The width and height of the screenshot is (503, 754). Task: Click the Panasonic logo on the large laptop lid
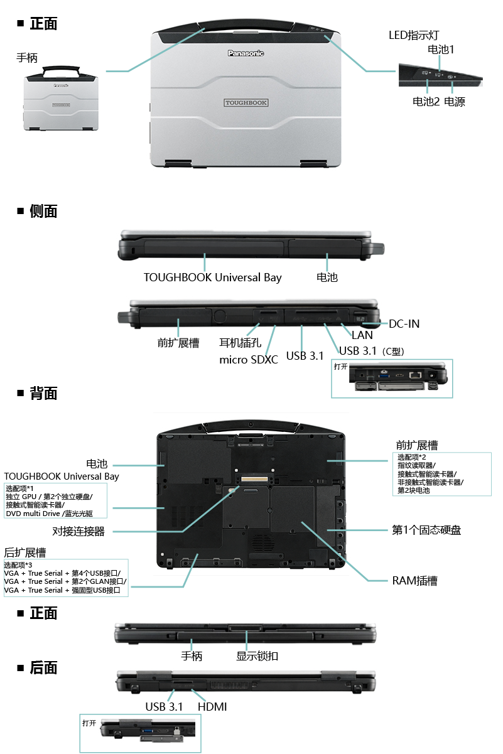[x=245, y=53]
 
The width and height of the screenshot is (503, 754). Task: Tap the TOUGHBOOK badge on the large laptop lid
[x=246, y=102]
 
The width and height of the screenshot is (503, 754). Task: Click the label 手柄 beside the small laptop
[x=27, y=58]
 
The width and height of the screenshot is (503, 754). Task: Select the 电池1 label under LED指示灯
[x=440, y=48]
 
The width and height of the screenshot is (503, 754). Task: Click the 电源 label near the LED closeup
[x=454, y=102]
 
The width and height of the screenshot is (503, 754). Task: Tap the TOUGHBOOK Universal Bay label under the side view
[x=212, y=277]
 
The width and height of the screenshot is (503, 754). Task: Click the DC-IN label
[x=404, y=324]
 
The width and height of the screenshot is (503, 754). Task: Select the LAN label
[x=362, y=335]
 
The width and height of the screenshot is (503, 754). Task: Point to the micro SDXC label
[x=248, y=360]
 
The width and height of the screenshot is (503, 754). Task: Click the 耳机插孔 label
[x=240, y=343]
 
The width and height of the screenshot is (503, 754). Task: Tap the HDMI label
[x=212, y=707]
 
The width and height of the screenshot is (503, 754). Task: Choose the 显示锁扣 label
[x=257, y=656]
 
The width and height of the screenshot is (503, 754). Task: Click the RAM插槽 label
[x=414, y=581]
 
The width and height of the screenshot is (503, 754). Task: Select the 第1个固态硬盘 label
[x=426, y=530]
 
